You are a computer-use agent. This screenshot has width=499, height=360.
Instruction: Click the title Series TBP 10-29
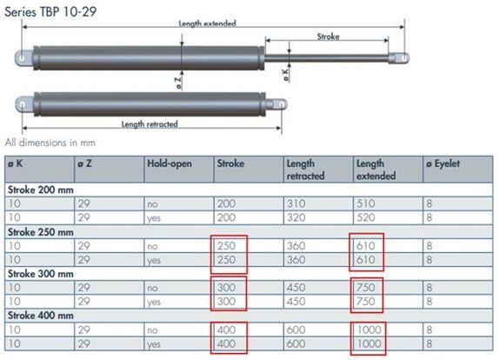click(50, 12)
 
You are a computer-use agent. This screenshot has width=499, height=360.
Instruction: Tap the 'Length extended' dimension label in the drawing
click(207, 23)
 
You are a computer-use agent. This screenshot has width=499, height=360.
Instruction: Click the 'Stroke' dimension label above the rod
click(328, 37)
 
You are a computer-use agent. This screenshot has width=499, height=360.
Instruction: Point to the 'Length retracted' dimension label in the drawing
click(150, 124)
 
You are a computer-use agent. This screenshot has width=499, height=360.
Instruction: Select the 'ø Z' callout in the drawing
click(178, 82)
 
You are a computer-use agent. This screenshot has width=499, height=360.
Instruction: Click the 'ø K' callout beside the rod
click(286, 75)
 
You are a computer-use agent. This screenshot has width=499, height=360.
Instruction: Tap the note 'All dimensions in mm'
click(50, 143)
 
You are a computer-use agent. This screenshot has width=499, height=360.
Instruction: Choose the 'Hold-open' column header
click(170, 163)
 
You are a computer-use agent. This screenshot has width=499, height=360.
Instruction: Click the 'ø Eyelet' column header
click(443, 164)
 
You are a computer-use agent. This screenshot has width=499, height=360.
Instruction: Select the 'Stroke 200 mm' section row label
click(40, 190)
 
